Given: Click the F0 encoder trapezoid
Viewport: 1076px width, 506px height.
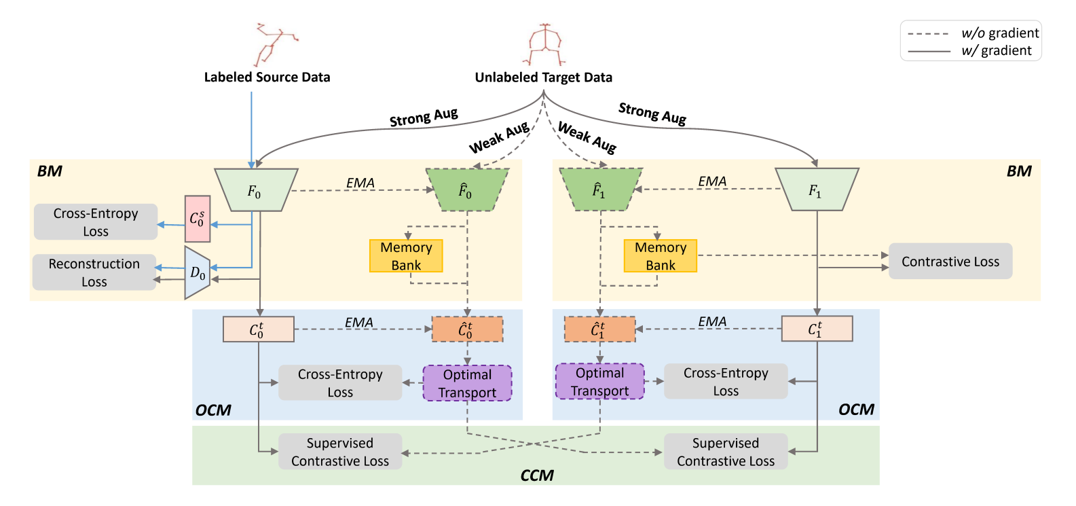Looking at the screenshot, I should [256, 190].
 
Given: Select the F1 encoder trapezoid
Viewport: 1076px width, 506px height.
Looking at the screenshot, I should [817, 190].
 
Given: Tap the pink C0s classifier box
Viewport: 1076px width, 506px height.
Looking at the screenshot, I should [198, 219].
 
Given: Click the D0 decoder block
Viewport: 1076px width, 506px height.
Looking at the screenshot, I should [197, 273].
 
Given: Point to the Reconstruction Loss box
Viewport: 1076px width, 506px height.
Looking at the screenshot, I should [94, 272].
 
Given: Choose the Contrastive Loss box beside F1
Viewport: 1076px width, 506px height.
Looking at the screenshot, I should [950, 261].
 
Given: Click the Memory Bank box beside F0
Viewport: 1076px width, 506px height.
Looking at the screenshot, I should [406, 256].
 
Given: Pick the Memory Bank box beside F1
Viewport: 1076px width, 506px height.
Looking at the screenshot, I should [660, 256].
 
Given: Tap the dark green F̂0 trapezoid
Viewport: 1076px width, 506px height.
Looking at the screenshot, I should [466, 190].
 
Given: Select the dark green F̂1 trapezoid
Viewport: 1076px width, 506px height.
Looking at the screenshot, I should [599, 189].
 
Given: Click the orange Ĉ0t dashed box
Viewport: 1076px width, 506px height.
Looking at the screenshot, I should [467, 329].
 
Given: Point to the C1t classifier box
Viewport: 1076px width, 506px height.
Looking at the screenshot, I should [817, 329].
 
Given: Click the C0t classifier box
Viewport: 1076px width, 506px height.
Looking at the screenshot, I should [258, 329].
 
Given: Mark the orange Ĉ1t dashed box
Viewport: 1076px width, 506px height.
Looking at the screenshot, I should [599, 329].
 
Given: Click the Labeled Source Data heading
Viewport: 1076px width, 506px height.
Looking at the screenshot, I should [267, 77].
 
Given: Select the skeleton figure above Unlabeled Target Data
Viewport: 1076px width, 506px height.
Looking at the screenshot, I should [544, 45].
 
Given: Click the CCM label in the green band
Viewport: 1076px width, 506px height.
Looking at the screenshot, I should [537, 475].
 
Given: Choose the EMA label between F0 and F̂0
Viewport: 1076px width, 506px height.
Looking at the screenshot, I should [360, 183].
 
